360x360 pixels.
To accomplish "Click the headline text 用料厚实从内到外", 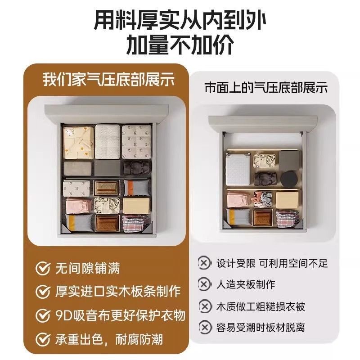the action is pyautogui.click(x=180, y=21).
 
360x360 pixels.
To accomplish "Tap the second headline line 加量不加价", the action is pyautogui.click(x=180, y=44).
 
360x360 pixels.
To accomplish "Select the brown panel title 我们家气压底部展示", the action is pyautogui.click(x=108, y=80).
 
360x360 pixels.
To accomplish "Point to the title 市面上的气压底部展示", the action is pyautogui.click(x=266, y=88).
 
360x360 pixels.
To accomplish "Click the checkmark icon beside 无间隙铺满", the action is pyautogui.click(x=43, y=268).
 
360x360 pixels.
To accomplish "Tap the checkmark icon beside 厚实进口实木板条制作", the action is pyautogui.click(x=43, y=292).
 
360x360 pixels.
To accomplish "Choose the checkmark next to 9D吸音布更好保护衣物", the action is pyautogui.click(x=43, y=315).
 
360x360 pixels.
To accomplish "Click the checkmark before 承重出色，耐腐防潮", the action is pyautogui.click(x=43, y=339).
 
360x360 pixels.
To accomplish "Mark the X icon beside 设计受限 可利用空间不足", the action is pyautogui.click(x=204, y=263).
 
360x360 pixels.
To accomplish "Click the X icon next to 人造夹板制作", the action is pyautogui.click(x=204, y=284).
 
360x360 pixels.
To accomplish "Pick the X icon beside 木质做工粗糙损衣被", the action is pyautogui.click(x=205, y=306).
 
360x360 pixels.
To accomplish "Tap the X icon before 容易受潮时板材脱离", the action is pyautogui.click(x=205, y=328).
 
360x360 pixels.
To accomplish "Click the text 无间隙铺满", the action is pyautogui.click(x=87, y=268).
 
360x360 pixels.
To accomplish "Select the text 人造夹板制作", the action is pyautogui.click(x=245, y=284).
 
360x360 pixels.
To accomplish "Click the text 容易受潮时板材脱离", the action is pyautogui.click(x=261, y=328).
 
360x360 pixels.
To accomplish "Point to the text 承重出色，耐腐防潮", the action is pyautogui.click(x=108, y=339).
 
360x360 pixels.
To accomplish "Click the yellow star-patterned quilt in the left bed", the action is pyautogui.click(x=78, y=142).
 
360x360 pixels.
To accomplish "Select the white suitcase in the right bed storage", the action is pyautogui.click(x=238, y=170).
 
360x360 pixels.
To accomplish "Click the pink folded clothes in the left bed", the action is pyautogui.click(x=79, y=206).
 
